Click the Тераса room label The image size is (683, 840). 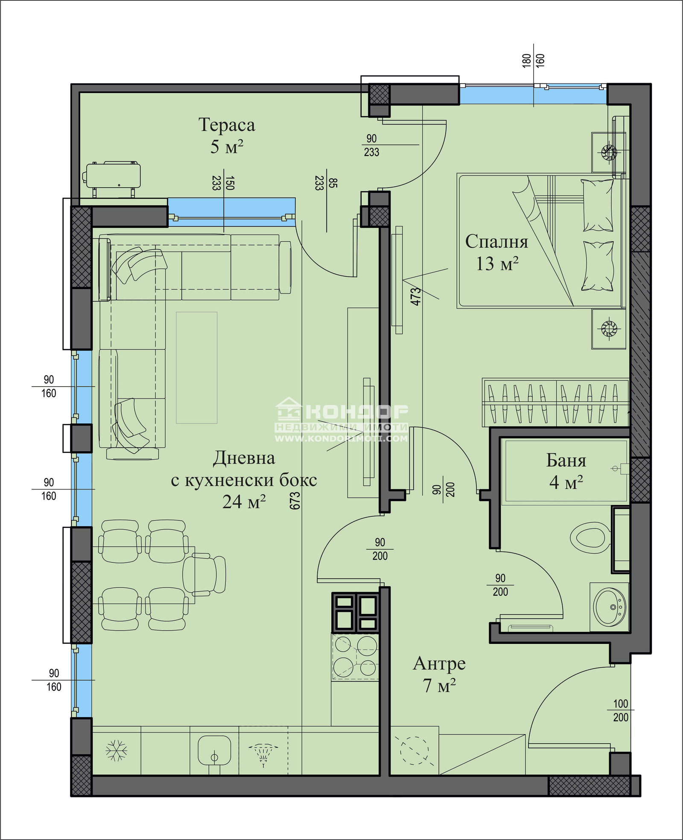point(227,125)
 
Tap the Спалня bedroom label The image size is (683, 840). point(496,242)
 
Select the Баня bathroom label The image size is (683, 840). point(566,461)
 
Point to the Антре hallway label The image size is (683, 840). point(439,663)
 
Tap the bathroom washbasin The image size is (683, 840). point(610,607)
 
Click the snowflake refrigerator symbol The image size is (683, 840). point(116,750)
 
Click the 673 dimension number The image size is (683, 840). point(295,501)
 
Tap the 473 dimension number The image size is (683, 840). point(415,297)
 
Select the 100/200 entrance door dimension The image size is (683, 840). point(621,710)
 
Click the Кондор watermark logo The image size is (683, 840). point(341,420)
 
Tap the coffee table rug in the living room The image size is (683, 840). point(197,368)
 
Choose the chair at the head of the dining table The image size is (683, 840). point(204,574)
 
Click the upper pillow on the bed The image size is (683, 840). point(598,206)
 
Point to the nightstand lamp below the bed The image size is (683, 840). point(609,328)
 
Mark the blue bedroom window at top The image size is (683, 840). point(533,94)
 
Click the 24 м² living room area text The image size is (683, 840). point(244,502)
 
